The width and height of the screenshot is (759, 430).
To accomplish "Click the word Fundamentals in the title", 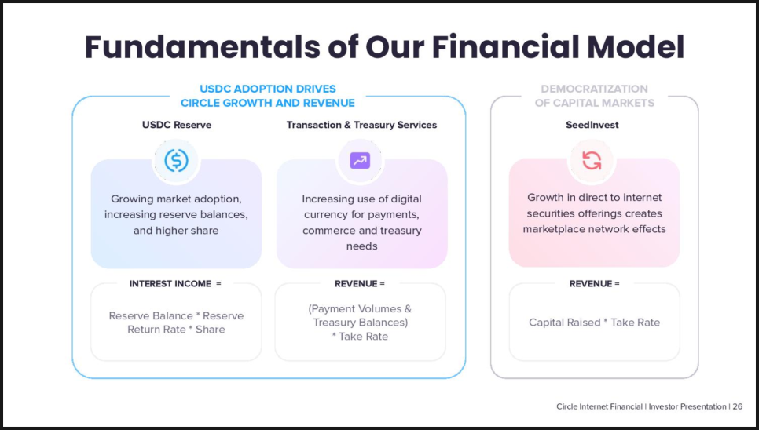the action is point(202,47).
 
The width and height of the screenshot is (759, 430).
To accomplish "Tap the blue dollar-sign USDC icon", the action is point(176,160).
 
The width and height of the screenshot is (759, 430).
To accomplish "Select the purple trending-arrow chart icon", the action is point(360,160).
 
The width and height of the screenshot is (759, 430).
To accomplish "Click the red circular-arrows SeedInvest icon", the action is point(592,160).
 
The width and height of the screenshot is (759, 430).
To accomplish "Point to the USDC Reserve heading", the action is point(177,125).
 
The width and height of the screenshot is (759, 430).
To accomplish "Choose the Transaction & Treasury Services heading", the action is point(361,125).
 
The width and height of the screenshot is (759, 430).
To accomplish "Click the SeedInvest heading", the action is point(592,125).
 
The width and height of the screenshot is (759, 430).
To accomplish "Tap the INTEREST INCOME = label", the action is point(174,283).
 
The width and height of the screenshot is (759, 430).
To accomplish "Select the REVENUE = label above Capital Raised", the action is point(595,283).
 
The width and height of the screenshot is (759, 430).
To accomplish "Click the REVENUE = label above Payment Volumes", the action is point(360,283).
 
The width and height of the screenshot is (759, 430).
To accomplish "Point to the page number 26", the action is point(737,406).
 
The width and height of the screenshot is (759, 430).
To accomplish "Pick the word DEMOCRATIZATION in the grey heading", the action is point(595,89).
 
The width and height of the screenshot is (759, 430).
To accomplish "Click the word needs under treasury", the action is point(361,246).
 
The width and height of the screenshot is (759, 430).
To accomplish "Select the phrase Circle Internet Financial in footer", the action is point(599,406).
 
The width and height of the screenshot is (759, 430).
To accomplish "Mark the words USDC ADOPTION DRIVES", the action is point(268,89).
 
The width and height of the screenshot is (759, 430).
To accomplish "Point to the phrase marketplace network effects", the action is point(595,228).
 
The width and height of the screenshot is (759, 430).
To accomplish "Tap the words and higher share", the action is point(176,231).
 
